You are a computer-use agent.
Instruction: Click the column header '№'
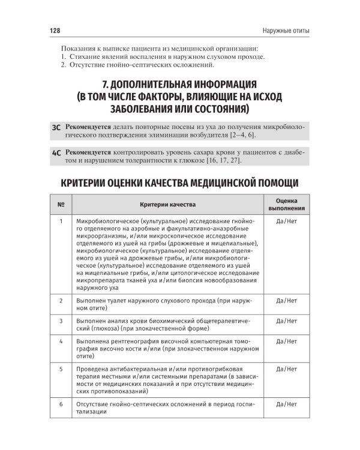pyautogui.click(x=61, y=205)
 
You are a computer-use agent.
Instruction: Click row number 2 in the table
pyautogui.click(x=61, y=299)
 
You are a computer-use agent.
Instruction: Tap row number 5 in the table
pyautogui.click(x=61, y=370)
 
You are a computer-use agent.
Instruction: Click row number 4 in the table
pyautogui.click(x=61, y=341)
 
